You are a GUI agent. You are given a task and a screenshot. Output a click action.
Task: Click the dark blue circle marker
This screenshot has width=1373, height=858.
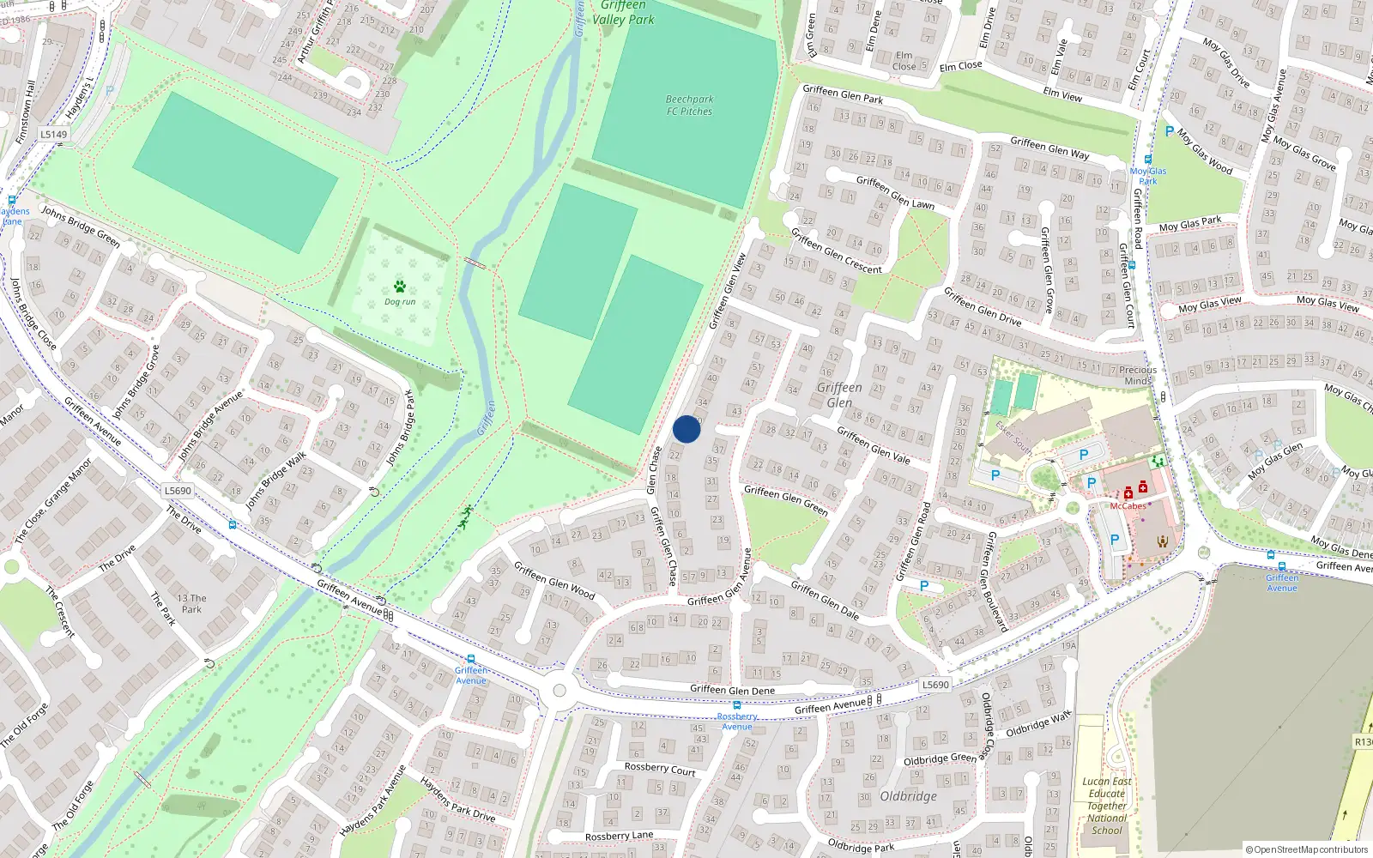tap(686, 429)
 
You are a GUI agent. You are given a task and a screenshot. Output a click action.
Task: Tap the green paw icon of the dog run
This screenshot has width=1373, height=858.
tap(399, 287)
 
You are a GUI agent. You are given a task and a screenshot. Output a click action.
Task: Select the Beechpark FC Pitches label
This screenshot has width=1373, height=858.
tap(689, 106)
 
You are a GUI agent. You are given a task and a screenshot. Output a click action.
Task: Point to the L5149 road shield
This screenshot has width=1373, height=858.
tap(53, 134)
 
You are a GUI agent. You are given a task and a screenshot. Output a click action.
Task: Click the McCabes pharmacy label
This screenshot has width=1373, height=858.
tap(1128, 506)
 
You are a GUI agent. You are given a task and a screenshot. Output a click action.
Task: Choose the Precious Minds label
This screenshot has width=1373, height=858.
tap(1138, 376)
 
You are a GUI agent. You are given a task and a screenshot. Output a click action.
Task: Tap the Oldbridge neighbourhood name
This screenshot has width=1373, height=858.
tap(908, 796)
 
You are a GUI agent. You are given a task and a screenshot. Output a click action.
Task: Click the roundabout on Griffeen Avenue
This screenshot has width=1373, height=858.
tap(559, 690)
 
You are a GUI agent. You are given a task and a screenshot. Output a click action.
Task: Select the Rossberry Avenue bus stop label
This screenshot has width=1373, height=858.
tap(737, 722)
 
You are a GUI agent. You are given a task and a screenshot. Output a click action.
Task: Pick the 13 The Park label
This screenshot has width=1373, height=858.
tap(191, 604)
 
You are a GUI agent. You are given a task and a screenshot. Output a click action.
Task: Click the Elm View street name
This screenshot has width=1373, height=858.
tap(1062, 94)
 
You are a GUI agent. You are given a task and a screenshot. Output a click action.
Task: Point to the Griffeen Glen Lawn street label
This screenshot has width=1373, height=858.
tap(895, 192)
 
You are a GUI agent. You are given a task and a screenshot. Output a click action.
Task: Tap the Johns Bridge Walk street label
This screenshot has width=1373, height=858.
tap(276, 481)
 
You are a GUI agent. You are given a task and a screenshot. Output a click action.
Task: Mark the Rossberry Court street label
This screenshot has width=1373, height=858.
tap(659, 769)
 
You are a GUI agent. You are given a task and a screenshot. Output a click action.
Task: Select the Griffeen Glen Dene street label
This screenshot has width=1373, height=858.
tap(732, 690)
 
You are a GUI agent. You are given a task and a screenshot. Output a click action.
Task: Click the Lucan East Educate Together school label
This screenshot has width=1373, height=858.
tap(1107, 806)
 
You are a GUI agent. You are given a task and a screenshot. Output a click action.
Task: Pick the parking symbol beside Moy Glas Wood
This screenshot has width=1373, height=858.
tap(1169, 131)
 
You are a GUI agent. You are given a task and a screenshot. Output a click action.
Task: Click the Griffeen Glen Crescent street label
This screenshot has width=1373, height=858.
tap(836, 251)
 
